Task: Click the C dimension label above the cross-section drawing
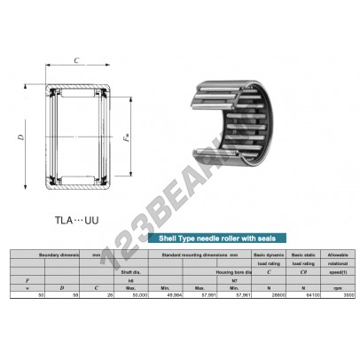77,62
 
